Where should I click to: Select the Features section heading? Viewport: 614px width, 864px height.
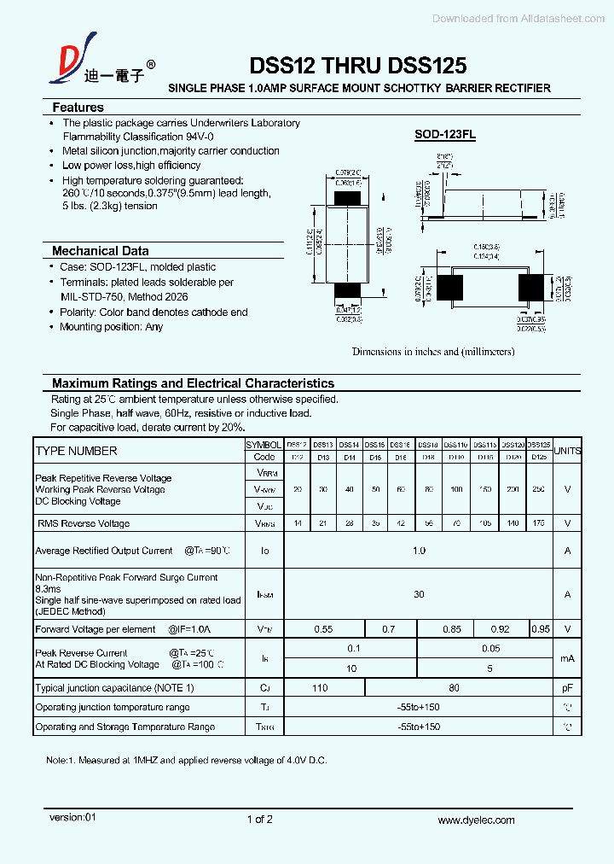coord(78,108)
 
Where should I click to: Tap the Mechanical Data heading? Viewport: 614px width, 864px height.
coord(100,251)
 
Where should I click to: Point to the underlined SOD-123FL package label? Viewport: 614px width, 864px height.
coord(445,134)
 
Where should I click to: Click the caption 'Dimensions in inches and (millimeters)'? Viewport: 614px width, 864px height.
coord(433,351)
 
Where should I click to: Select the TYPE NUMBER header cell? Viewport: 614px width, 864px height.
coord(77,451)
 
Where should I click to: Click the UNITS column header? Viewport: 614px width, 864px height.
coord(567,451)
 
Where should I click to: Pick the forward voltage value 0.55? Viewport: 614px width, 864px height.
coord(323,629)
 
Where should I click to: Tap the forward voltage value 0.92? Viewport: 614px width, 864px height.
coord(500,629)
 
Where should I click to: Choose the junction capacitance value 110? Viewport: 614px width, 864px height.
coord(321,687)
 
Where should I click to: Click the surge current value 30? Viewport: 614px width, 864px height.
coord(419,594)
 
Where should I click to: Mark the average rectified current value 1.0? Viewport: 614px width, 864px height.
coord(419,551)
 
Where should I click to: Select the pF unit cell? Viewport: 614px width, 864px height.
coord(567,687)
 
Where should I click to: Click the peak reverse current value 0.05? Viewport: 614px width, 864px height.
coord(490,648)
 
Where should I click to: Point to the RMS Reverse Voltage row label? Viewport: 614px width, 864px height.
coord(83,523)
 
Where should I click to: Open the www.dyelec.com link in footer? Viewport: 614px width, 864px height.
coord(476,820)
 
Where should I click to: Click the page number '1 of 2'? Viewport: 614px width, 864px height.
coord(259,820)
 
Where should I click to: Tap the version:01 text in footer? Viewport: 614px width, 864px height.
coord(73,817)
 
